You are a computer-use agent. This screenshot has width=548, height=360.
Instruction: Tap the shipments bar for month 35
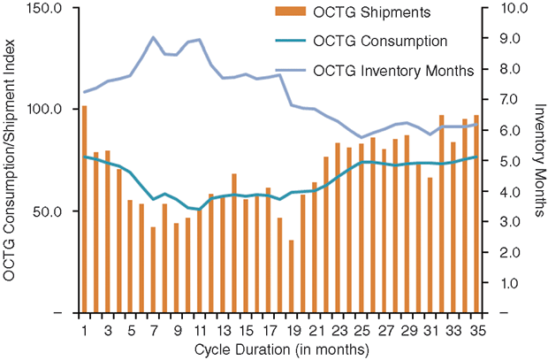click(x=476, y=214)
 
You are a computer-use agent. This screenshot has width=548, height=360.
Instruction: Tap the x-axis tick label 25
click(x=360, y=331)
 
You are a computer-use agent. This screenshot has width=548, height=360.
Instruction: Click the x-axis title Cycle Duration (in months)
click(x=279, y=349)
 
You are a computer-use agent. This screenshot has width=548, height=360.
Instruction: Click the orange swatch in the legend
click(x=287, y=13)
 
